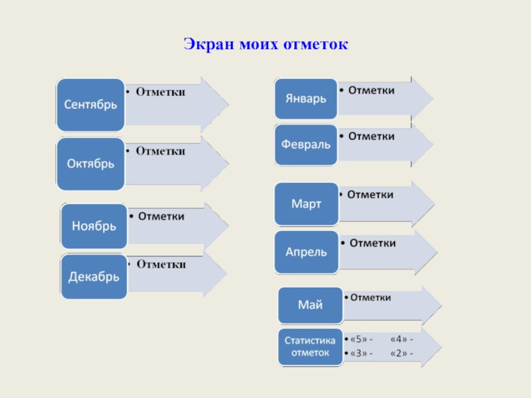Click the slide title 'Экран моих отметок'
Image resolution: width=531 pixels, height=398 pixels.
coord(265,45)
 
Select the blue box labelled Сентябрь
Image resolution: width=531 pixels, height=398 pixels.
coord(90,105)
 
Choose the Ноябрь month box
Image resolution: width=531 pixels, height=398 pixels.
coord(94,226)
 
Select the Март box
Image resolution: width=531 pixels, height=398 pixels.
coord(306,204)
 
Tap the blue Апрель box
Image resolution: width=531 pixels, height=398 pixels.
coord(306,252)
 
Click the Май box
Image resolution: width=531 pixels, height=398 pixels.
coord(310,305)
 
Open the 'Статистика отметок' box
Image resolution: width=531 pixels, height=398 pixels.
coord(310,346)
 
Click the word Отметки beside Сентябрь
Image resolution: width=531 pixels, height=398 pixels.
coord(161,92)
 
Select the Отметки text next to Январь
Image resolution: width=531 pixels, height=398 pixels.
coord(372,90)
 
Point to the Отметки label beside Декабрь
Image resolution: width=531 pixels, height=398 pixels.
coord(161,265)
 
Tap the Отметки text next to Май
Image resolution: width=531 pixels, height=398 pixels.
coord(370,298)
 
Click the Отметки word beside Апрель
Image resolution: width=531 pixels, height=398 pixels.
coord(372,243)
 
